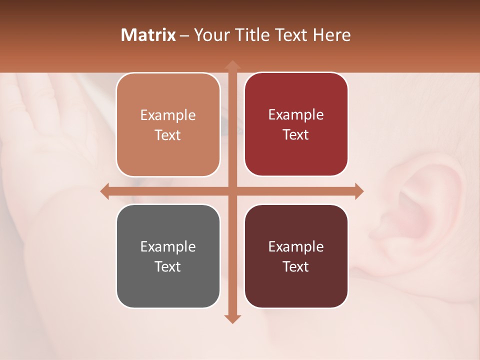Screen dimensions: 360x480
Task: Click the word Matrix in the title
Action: (148, 35)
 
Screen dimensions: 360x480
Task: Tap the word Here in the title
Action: (331, 35)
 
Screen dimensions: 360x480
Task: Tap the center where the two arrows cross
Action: (232, 191)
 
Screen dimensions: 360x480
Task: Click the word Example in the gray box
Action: (168, 246)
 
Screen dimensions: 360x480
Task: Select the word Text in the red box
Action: (296, 134)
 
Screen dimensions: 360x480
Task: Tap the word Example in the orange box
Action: (168, 115)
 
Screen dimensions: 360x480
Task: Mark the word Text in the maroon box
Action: (296, 266)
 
